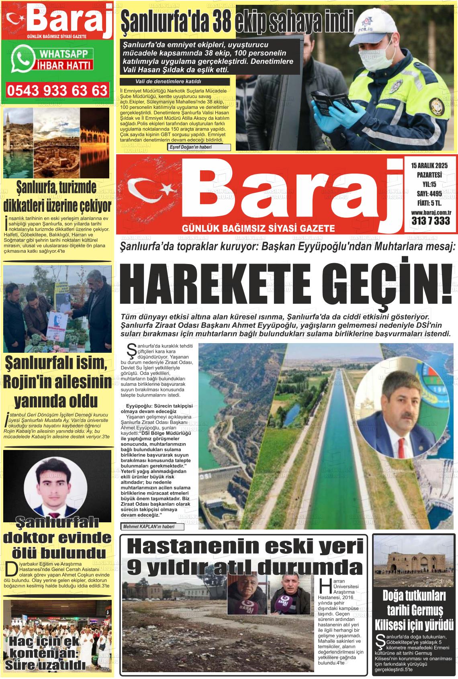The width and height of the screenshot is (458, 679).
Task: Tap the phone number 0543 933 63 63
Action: coord(57,90)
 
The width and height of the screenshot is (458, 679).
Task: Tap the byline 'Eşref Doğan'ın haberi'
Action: coord(198,147)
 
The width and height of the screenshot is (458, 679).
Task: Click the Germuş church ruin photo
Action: coord(414,557)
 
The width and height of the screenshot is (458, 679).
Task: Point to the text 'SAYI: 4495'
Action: coord(429,194)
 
